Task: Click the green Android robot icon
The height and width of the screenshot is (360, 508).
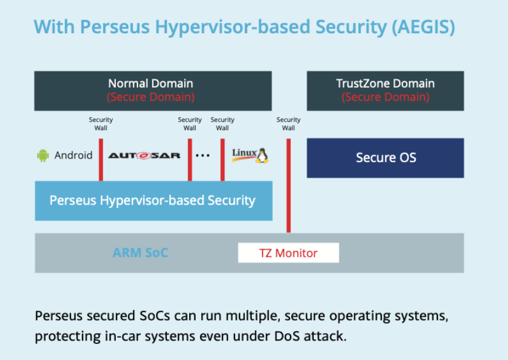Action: [x=43, y=155]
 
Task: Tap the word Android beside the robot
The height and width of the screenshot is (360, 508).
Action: [x=73, y=155]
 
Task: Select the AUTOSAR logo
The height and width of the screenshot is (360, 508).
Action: [x=144, y=156]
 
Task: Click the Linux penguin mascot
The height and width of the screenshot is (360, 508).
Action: [x=262, y=156]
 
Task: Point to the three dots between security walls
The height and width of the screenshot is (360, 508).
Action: [x=203, y=155]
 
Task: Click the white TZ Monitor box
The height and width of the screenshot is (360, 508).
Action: [x=288, y=253]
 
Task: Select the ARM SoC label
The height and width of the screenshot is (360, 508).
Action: [x=140, y=253]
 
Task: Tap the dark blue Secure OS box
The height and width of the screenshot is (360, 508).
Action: [x=385, y=158]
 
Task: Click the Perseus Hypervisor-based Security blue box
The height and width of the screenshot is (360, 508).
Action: [x=154, y=201]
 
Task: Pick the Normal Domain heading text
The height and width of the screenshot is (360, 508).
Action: [x=151, y=84]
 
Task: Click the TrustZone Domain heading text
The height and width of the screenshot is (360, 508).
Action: [x=385, y=84]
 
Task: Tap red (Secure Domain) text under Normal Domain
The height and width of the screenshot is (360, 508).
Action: [x=151, y=97]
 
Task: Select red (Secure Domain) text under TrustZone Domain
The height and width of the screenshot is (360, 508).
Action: [x=385, y=97]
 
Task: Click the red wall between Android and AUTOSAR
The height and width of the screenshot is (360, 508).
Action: [x=101, y=160]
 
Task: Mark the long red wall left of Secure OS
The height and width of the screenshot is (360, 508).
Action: [x=288, y=185]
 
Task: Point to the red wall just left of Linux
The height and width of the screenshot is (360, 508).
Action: [x=222, y=160]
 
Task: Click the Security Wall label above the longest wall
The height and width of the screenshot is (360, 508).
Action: [x=288, y=124]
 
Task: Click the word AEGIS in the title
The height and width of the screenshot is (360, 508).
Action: [x=424, y=26]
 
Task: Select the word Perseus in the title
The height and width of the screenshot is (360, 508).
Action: [x=115, y=26]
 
